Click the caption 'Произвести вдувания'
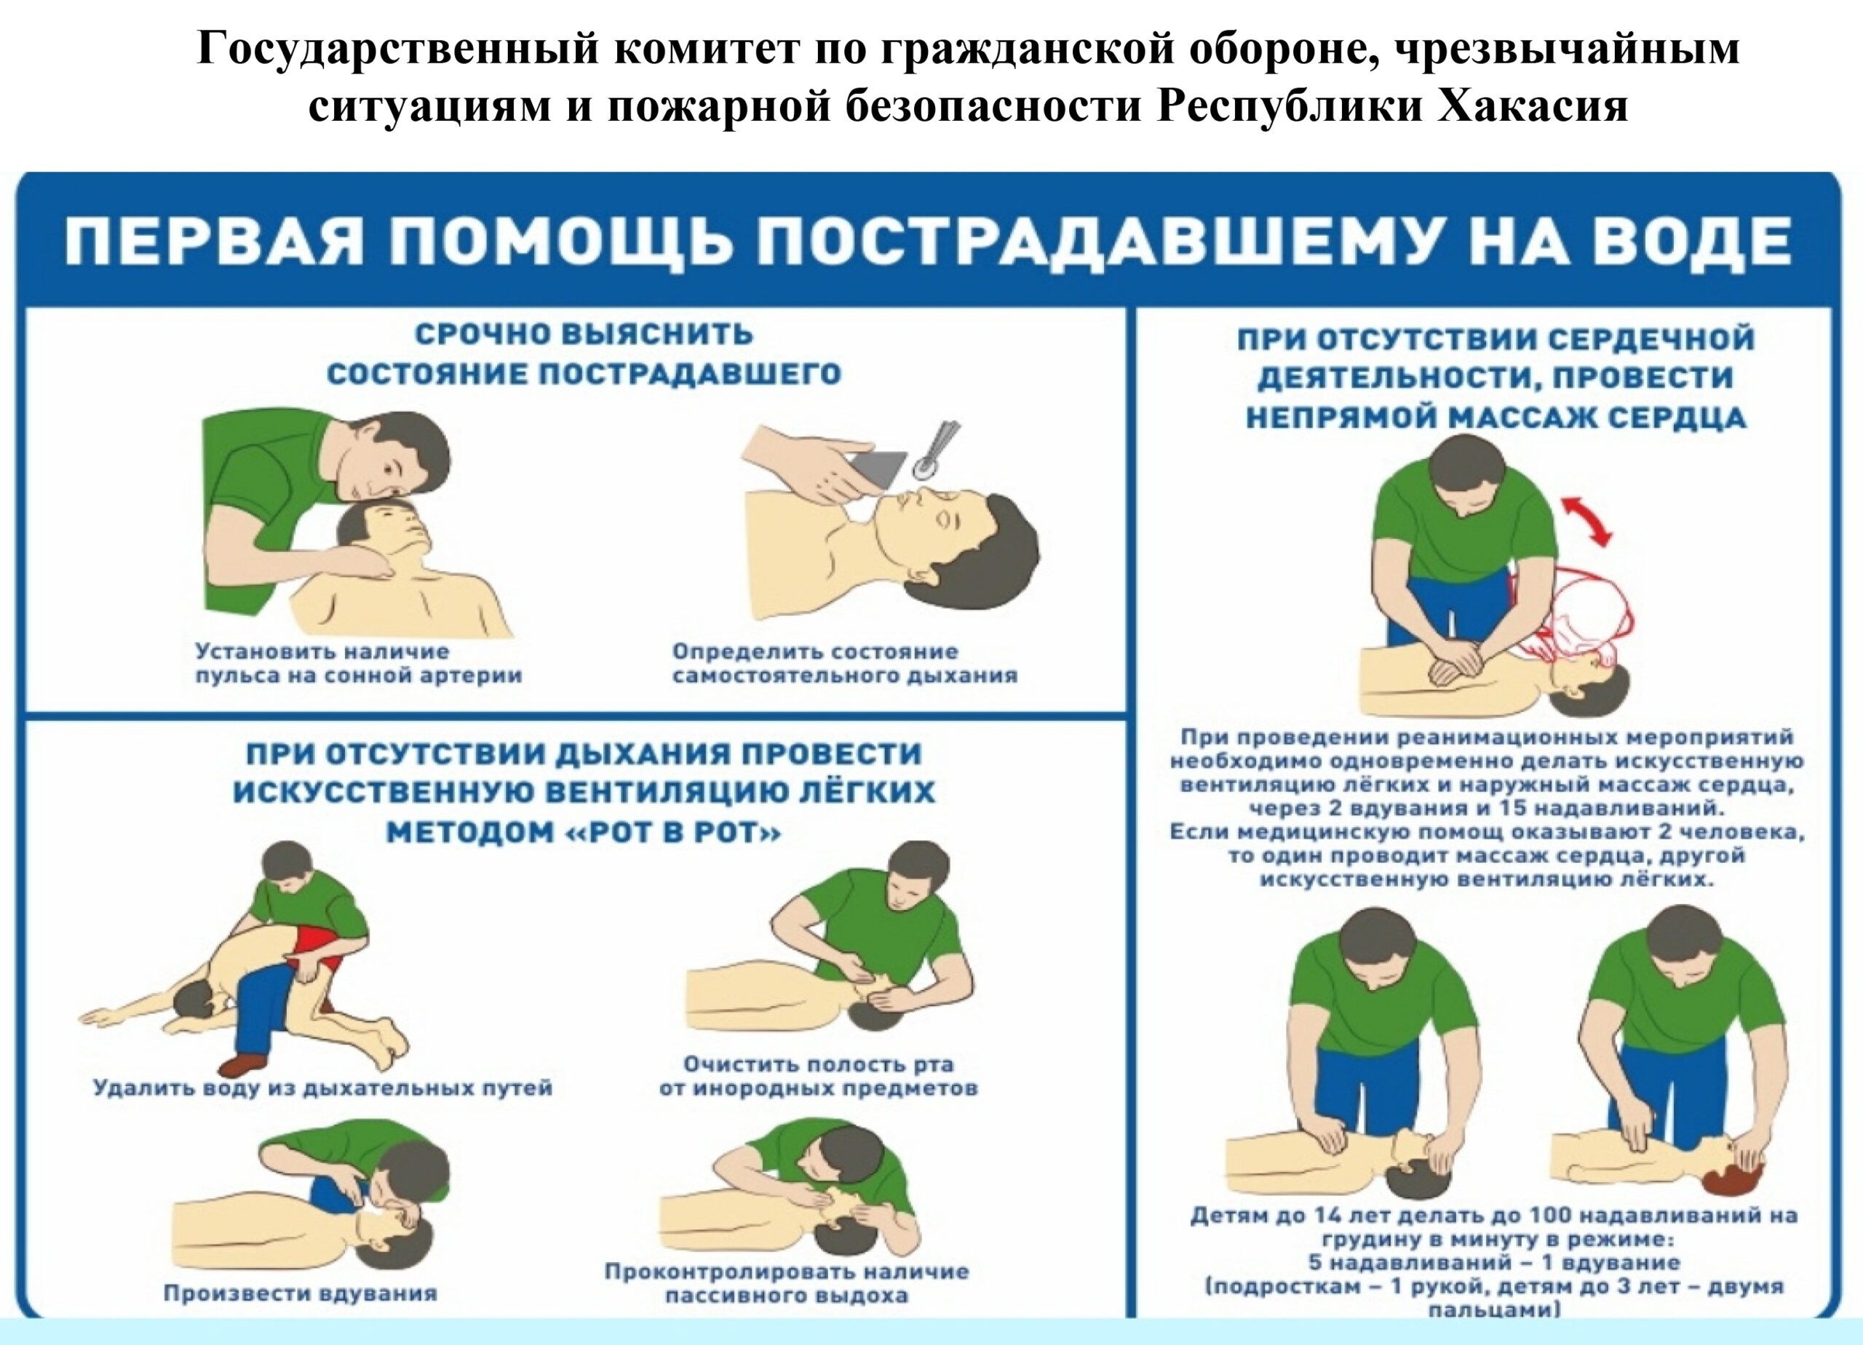click(x=300, y=1293)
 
